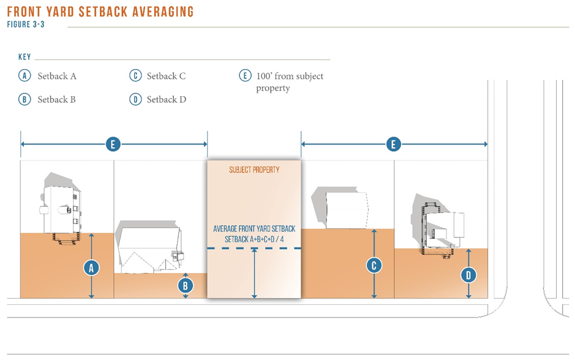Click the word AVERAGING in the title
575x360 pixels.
(x=163, y=12)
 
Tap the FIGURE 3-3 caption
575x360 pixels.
(x=26, y=24)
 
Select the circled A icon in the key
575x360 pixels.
(x=24, y=76)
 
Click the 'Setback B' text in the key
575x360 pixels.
(x=56, y=99)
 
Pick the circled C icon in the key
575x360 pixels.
(x=135, y=76)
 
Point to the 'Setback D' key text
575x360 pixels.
(x=167, y=99)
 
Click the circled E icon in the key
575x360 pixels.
(x=245, y=76)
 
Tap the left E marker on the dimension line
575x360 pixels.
(x=113, y=144)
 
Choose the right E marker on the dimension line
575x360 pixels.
(x=394, y=144)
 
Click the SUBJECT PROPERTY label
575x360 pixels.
(x=254, y=170)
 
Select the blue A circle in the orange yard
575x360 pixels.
(x=91, y=268)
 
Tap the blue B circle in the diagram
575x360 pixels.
(x=185, y=285)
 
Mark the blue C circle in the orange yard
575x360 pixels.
(x=374, y=266)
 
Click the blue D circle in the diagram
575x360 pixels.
(x=468, y=275)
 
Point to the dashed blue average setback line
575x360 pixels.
(x=254, y=248)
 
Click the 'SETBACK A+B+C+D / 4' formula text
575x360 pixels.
(x=254, y=239)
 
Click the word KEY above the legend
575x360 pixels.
(x=24, y=57)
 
